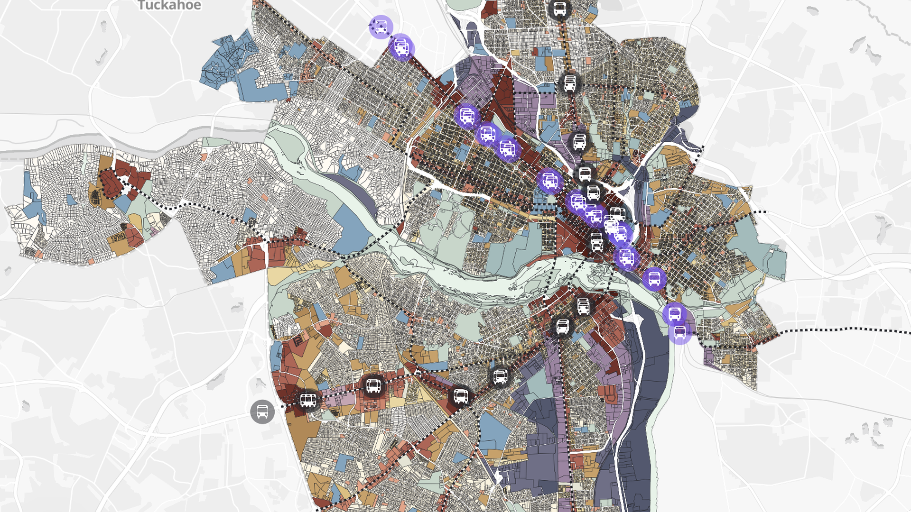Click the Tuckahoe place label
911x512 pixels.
(169, 6)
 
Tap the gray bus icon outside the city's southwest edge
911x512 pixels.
(262, 411)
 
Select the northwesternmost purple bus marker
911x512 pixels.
(381, 27)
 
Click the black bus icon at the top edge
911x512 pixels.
(560, 9)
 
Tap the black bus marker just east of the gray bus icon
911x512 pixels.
(308, 401)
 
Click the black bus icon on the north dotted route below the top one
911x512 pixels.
(569, 83)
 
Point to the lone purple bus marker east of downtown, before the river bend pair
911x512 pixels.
(654, 279)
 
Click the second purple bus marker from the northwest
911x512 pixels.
(401, 47)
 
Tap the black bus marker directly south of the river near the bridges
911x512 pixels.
(583, 306)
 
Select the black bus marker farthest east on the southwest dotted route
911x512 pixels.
(500, 377)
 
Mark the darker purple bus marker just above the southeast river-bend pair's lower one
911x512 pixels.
(674, 314)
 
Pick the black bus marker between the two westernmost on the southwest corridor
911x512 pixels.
(373, 386)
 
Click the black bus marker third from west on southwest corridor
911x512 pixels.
(460, 396)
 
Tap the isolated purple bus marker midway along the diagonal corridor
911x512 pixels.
(549, 181)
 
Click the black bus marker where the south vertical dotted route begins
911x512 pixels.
(562, 327)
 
